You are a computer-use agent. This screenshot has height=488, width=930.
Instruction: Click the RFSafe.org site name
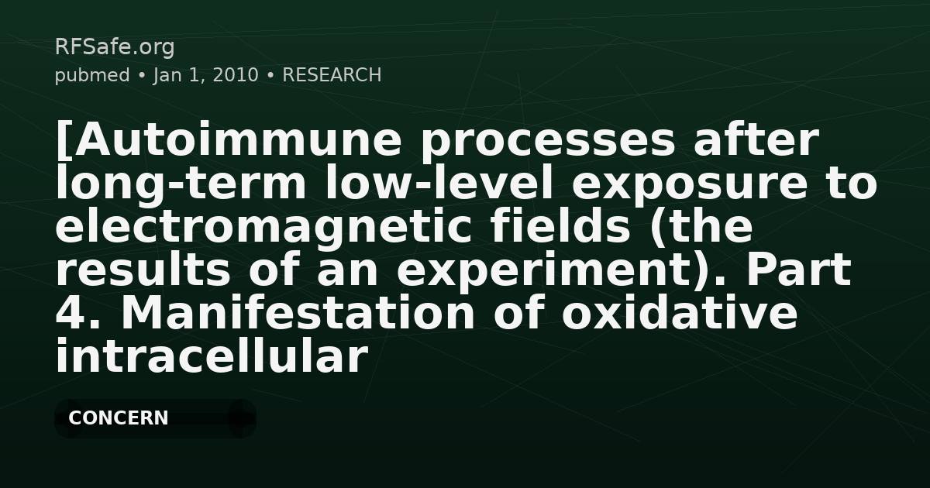tap(114, 47)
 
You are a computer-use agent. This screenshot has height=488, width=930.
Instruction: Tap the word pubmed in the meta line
tap(91, 75)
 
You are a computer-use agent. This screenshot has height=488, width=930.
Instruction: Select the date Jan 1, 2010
tap(206, 75)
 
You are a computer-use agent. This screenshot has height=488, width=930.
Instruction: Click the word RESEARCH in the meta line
tap(332, 75)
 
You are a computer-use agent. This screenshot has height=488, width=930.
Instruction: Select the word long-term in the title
tap(179, 184)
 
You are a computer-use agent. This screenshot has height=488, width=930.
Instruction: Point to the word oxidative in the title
tap(680, 314)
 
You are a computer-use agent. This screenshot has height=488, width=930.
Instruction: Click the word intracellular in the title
tap(211, 358)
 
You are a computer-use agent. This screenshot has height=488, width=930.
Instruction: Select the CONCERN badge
tap(154, 418)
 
